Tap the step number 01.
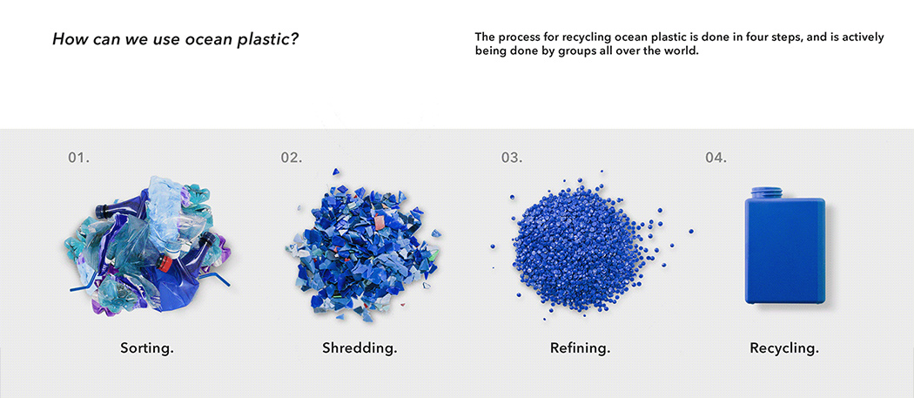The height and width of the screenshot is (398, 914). [79, 158]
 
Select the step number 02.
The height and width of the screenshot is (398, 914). [292, 158]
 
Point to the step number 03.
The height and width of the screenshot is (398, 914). [512, 158]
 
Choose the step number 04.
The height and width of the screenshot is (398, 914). [716, 158]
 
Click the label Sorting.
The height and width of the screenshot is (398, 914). [147, 348]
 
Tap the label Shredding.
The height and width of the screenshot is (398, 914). [360, 348]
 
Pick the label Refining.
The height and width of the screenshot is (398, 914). [580, 348]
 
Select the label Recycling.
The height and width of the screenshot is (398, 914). [784, 348]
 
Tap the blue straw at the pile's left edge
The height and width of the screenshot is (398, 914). [81, 284]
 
